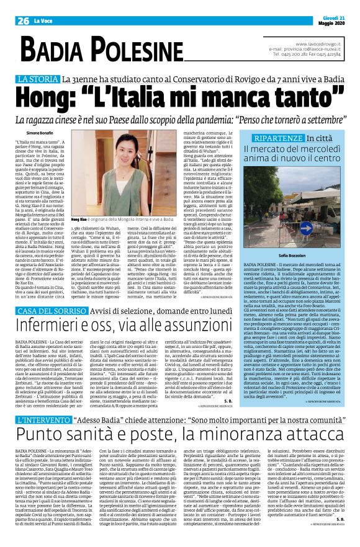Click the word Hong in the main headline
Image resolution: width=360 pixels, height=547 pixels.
[x=42, y=97]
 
